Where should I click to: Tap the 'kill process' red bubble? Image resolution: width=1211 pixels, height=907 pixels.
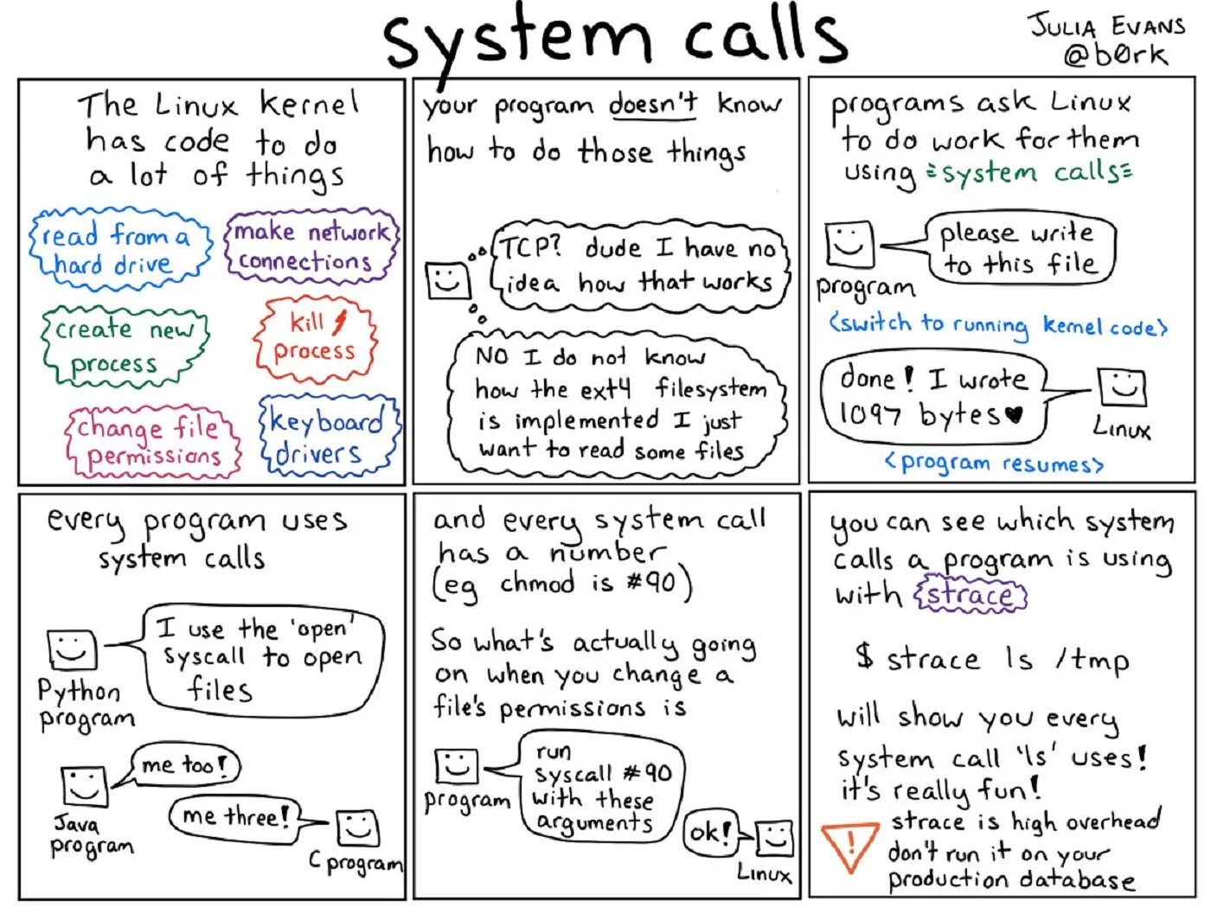[316, 338]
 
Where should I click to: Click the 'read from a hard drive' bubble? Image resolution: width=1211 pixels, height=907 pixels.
[120, 249]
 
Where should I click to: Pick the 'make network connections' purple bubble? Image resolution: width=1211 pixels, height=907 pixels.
[311, 246]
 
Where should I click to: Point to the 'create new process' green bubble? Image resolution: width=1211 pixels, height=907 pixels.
[124, 346]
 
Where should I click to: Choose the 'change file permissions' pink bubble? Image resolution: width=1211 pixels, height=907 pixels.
[152, 441]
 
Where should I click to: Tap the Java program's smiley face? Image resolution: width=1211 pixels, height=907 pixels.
[84, 785]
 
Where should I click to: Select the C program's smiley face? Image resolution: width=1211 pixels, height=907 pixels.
[358, 829]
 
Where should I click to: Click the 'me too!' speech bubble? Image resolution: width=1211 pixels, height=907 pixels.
[184, 764]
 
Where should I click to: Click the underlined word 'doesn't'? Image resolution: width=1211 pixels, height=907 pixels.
[653, 105]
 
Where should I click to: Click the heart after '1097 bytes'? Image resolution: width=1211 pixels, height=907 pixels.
[1015, 416]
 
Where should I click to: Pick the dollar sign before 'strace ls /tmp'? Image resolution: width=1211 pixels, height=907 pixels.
[863, 656]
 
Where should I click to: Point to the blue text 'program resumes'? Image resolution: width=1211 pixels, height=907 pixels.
[994, 463]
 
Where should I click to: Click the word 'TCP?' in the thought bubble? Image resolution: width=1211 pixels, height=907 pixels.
[529, 248]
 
